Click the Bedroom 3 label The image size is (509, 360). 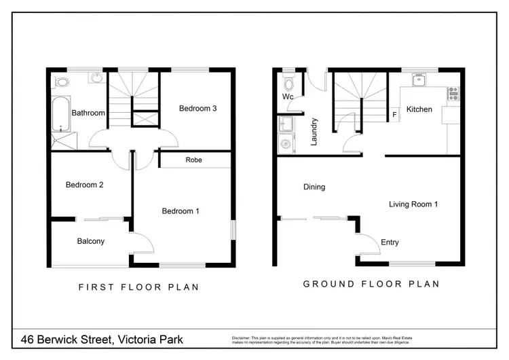pos(198,109)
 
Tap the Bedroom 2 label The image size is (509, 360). pos(84,185)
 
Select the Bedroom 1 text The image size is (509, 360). pos(181,211)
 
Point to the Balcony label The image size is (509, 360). pos(90,241)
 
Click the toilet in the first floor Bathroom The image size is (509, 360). pos(62,82)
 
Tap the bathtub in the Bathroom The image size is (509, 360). pos(58,113)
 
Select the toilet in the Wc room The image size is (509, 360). pos(289,85)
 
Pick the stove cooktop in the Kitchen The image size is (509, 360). pos(453,94)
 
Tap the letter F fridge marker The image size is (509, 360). pos(394,115)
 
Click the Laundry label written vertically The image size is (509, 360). pos(314,132)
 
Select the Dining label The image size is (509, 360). pos(314,187)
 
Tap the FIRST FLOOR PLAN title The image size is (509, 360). pos(139,287)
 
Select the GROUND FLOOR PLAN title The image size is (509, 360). pos(371,284)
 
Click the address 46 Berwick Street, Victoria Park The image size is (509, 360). pos(102,338)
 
